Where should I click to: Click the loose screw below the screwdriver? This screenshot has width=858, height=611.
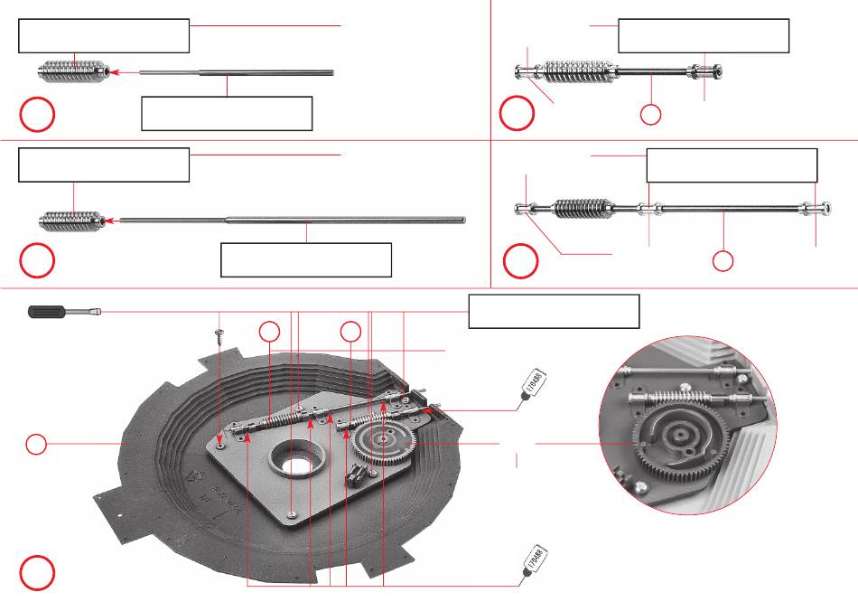pos(219,335)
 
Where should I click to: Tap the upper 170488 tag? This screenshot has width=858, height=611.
pos(535,385)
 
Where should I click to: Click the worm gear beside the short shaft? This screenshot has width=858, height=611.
pos(73,70)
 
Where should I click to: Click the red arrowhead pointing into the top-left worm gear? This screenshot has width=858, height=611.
pos(114,71)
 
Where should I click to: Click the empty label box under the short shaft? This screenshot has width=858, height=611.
pos(227,114)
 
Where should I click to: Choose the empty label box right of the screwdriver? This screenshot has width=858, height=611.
pos(554,311)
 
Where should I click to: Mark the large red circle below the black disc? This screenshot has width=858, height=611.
pos(37,572)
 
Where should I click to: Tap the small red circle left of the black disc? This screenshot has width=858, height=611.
pos(35,444)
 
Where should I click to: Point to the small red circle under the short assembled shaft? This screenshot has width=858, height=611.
pos(650,115)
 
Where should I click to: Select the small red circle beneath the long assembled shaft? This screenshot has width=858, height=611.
pos(723,261)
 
